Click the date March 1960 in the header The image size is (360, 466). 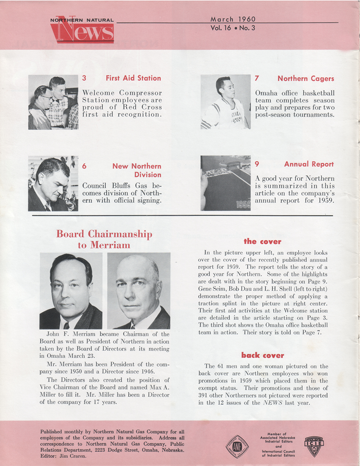233,19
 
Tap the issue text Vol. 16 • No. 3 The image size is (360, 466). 233,28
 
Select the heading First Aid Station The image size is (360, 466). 133,78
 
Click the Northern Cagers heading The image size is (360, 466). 305,78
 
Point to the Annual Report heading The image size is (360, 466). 309,164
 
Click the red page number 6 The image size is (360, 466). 85,166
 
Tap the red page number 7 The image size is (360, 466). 257,78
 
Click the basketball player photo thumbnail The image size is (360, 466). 225,102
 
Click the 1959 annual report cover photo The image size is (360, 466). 225,183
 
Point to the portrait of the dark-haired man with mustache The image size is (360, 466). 71,291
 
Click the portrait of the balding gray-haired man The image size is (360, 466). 138,291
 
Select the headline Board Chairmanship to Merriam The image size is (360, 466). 104,239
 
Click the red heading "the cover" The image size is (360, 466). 262,242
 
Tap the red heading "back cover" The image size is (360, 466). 262,355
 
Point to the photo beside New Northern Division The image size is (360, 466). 53,184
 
